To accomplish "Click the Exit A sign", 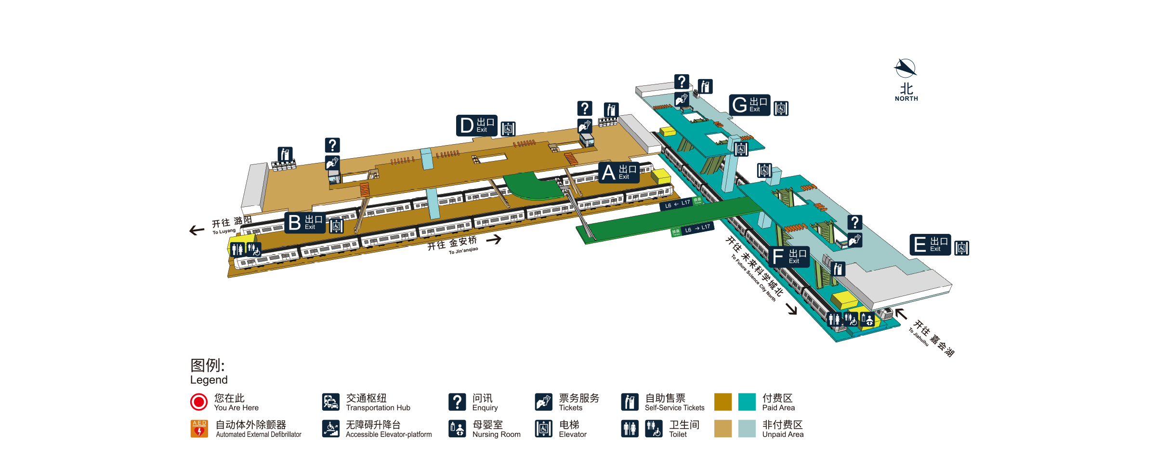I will [619, 172].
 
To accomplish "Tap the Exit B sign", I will [305, 223].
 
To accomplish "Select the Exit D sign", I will [476, 125].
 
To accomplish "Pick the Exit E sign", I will [930, 244].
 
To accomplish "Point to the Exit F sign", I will [789, 257].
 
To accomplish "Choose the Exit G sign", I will [749, 105].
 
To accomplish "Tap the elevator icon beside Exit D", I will [508, 129].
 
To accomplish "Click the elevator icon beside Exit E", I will [961, 248].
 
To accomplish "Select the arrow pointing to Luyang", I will [197, 230].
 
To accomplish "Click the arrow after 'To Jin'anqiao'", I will [494, 239].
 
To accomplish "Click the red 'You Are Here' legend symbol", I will [199, 402].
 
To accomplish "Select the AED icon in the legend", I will [199, 428].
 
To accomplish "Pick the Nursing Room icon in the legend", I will [457, 428].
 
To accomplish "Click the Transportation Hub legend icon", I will [331, 402].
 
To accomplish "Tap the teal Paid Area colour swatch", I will [747, 402].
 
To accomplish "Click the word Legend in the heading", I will [209, 380].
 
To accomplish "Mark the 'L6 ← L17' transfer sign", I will [677, 204].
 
